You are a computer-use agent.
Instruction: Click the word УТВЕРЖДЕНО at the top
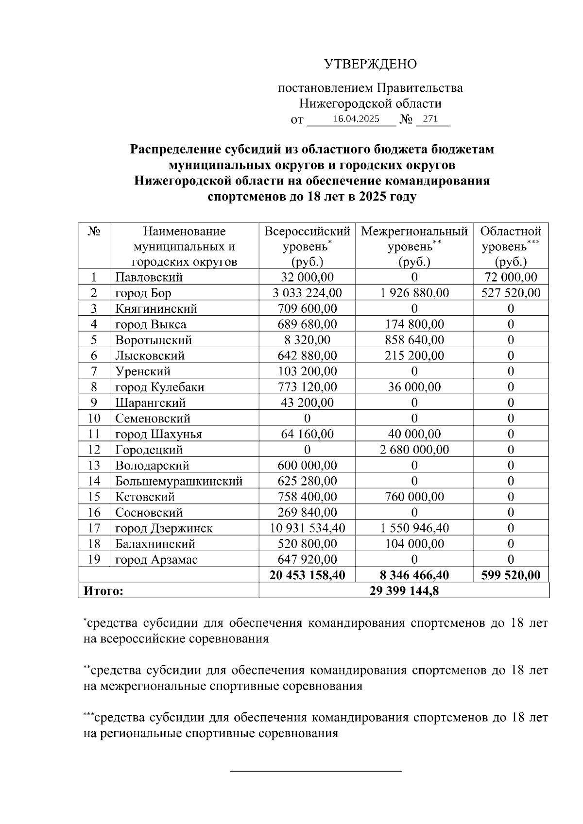point(370,64)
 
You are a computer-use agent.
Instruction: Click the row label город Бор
point(143,293)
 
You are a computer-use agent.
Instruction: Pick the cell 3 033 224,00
point(307,293)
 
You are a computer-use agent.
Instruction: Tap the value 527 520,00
point(511,293)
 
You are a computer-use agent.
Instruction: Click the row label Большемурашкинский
point(179,481)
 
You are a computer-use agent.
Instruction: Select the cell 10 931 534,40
point(307,528)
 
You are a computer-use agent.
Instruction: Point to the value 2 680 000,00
point(414,450)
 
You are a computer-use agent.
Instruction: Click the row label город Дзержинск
point(164,528)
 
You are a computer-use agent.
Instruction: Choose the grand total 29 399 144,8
point(404,591)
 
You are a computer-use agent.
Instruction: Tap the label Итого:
point(103,591)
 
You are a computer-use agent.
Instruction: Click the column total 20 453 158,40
point(307,575)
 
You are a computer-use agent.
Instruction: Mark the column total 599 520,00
point(511,575)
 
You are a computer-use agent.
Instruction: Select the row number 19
point(94,559)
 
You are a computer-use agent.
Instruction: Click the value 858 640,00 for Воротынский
point(414,340)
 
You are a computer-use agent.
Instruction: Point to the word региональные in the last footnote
point(141,733)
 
